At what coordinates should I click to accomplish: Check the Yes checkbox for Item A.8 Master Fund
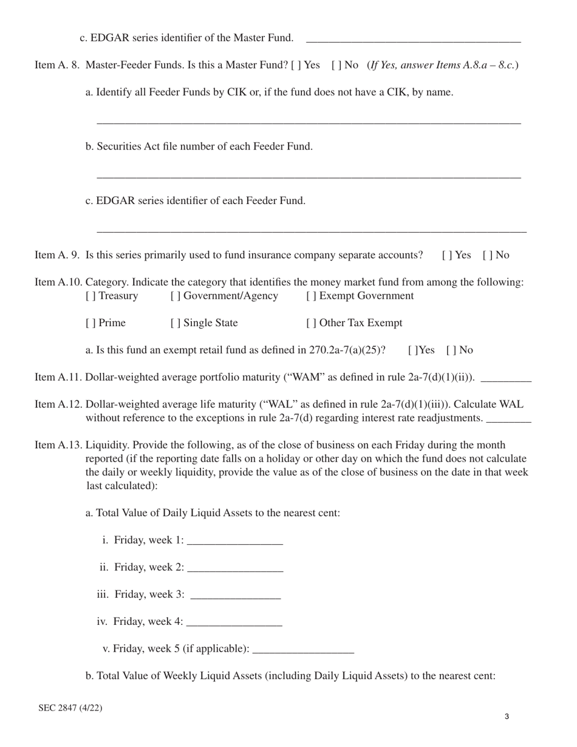coord(295,66)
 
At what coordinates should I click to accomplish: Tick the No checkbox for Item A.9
coord(487,255)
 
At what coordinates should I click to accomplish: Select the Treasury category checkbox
coord(90,296)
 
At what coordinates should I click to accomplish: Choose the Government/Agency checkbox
coord(175,296)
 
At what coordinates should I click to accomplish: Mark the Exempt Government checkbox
coord(311,296)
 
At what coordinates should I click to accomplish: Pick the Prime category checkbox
coord(90,323)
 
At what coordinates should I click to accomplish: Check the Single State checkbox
coord(175,323)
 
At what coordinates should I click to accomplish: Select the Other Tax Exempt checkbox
coord(311,323)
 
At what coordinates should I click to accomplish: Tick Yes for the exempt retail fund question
coord(412,350)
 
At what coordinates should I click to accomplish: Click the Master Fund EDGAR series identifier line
coord(413,39)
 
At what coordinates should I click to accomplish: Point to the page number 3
coord(507,717)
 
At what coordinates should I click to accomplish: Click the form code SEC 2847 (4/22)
coord(70,708)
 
